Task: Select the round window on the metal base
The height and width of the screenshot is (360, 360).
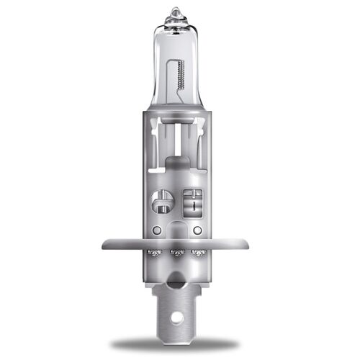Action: click(162, 199)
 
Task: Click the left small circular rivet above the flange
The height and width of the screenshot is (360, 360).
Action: click(157, 230)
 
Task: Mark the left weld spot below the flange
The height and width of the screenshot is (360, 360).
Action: click(153, 253)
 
